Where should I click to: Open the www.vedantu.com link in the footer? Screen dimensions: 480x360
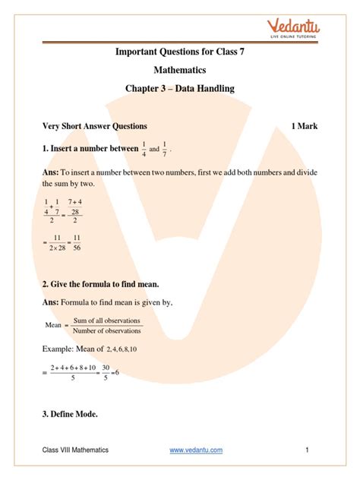pos(196,450)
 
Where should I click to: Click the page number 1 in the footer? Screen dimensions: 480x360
pos(308,450)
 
